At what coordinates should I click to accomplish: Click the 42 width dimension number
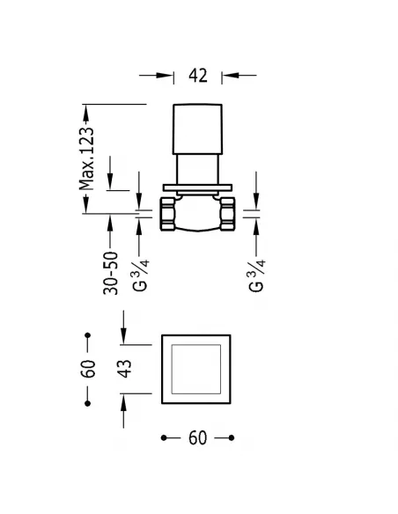click(197, 76)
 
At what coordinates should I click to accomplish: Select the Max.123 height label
click(86, 157)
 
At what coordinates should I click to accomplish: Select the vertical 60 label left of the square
click(87, 369)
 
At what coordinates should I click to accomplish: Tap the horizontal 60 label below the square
click(197, 437)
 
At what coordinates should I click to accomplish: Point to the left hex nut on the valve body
click(168, 212)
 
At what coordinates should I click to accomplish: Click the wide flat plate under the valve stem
click(198, 187)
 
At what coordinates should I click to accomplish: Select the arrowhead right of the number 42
click(230, 76)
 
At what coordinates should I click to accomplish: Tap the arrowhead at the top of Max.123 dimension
click(86, 111)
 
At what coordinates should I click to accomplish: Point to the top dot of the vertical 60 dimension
click(87, 335)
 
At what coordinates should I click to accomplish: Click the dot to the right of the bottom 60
click(231, 437)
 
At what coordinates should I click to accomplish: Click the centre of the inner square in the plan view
click(198, 369)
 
